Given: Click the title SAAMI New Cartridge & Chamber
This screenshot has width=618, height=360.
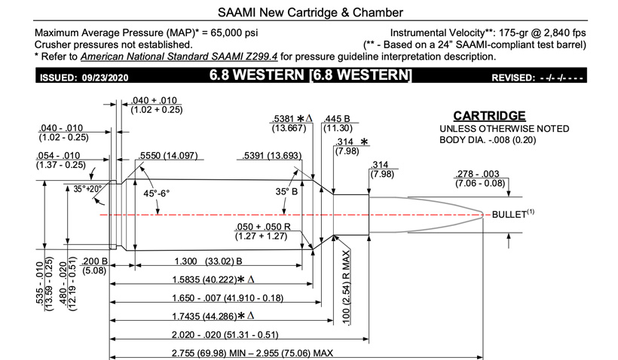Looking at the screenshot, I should [x=309, y=12].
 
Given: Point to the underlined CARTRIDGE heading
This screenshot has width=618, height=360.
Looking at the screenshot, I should [x=489, y=116].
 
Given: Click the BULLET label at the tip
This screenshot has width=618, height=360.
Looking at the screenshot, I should [x=509, y=215].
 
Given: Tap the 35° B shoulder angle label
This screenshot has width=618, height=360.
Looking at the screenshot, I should [x=285, y=192].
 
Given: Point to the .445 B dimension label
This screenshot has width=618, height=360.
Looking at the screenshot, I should [x=337, y=118].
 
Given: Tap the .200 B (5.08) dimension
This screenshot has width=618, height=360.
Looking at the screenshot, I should [x=94, y=266].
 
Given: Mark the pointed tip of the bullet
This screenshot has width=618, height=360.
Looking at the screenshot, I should [x=484, y=215].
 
